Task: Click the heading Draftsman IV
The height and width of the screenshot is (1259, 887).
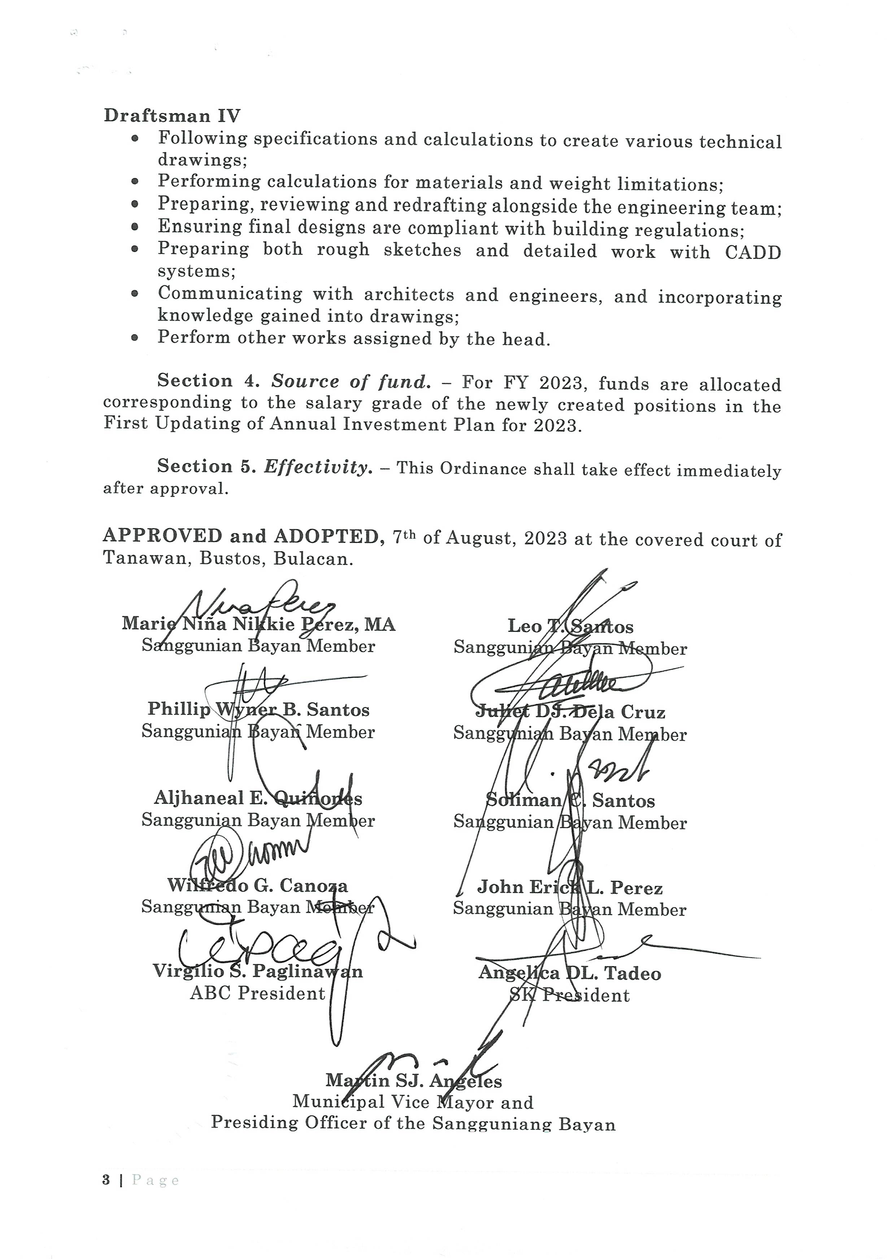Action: pyautogui.click(x=171, y=116)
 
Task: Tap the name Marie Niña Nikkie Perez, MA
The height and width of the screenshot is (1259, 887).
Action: pyautogui.click(x=258, y=624)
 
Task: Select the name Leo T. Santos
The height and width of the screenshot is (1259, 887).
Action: pyautogui.click(x=570, y=626)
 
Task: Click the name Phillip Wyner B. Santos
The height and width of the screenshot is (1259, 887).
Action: pyautogui.click(x=258, y=710)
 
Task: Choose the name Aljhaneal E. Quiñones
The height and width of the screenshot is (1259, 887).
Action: pyautogui.click(x=258, y=798)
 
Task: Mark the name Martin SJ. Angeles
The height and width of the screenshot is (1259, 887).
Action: pyautogui.click(x=414, y=1081)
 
